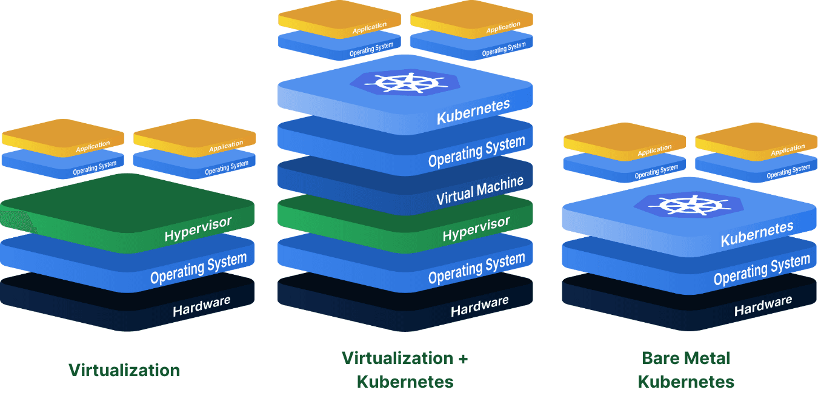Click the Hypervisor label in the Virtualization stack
click(x=198, y=229)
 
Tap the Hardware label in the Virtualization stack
click(x=202, y=306)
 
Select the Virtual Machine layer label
click(x=480, y=191)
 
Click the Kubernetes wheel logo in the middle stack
click(x=405, y=83)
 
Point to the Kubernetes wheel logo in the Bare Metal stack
click(x=689, y=205)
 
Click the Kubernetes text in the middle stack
click(x=473, y=112)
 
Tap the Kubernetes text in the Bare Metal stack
click(x=757, y=234)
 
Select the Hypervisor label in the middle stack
click(x=476, y=229)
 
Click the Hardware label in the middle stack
click(x=479, y=306)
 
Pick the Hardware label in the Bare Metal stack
click(x=763, y=306)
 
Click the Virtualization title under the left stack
click(x=124, y=370)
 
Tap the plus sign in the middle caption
click(x=463, y=359)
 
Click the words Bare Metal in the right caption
click(x=686, y=358)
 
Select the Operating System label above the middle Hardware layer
click(x=476, y=269)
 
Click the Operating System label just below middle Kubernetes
click(x=476, y=152)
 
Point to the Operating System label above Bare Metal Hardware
click(x=762, y=270)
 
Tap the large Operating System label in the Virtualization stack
click(x=198, y=269)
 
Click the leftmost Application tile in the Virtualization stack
click(x=63, y=138)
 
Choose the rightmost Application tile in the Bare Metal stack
click(x=756, y=141)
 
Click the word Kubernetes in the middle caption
click(x=405, y=382)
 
